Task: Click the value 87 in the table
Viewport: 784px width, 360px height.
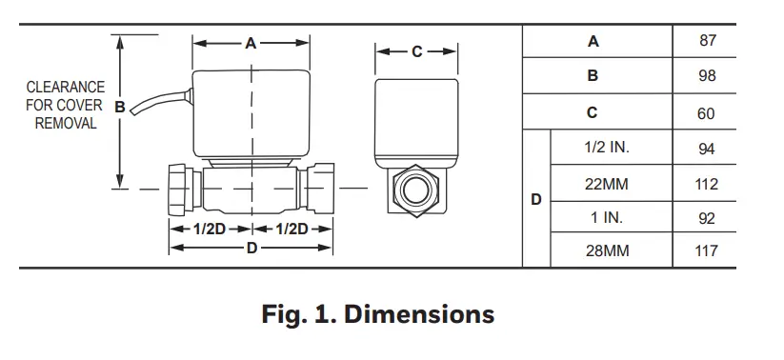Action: pos(706,41)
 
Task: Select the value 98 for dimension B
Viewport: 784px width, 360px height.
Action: pos(706,76)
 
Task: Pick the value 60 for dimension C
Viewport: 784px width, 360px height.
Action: pos(706,112)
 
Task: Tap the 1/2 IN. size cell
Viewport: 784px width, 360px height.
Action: pos(606,148)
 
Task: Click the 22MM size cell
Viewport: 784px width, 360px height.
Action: pos(606,183)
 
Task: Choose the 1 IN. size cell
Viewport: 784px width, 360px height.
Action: pos(606,217)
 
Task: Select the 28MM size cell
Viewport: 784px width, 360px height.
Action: pos(606,251)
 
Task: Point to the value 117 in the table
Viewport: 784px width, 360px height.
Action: pos(706,251)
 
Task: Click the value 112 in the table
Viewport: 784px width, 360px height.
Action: pos(706,183)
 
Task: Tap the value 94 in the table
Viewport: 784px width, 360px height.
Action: pos(706,148)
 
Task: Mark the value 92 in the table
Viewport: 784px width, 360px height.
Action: pos(706,217)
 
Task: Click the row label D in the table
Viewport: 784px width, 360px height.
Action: pos(535,200)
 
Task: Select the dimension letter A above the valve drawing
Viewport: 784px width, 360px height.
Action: pos(251,43)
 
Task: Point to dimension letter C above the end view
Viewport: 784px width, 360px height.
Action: pos(416,53)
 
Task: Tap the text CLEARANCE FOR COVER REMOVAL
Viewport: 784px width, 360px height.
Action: pos(65,106)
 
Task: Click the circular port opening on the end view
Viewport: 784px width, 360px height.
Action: pos(415,190)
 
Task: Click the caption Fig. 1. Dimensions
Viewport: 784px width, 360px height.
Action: pos(378,314)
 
